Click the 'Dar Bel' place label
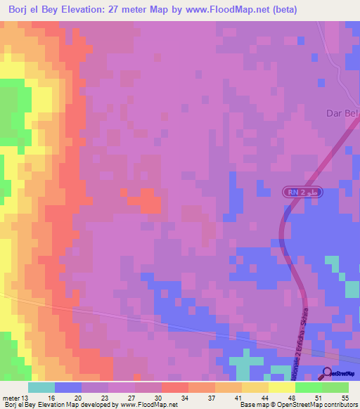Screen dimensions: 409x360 click(342, 113)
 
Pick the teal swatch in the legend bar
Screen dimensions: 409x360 click(41, 387)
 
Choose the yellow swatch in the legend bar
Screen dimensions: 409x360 click(282, 387)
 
